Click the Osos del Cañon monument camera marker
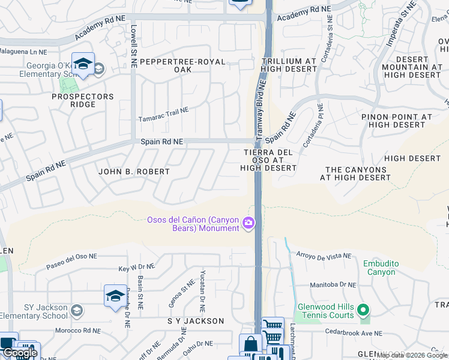pyautogui.click(x=249, y=224)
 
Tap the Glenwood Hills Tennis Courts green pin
pyautogui.click(x=362, y=311)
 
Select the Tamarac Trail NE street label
pyautogui.click(x=164, y=110)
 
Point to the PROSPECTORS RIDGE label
pyautogui.click(x=82, y=100)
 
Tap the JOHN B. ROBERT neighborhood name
pyautogui.click(x=134, y=172)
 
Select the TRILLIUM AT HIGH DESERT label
pyautogui.click(x=289, y=65)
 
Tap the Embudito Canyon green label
pyautogui.click(x=379, y=268)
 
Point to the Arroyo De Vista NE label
pyautogui.click(x=323, y=256)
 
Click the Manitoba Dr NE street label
pyautogui.click(x=333, y=286)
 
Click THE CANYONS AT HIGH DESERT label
pyautogui.click(x=355, y=173)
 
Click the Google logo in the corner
pyautogui.click(x=19, y=353)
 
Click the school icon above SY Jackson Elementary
pyautogui.click(x=115, y=296)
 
